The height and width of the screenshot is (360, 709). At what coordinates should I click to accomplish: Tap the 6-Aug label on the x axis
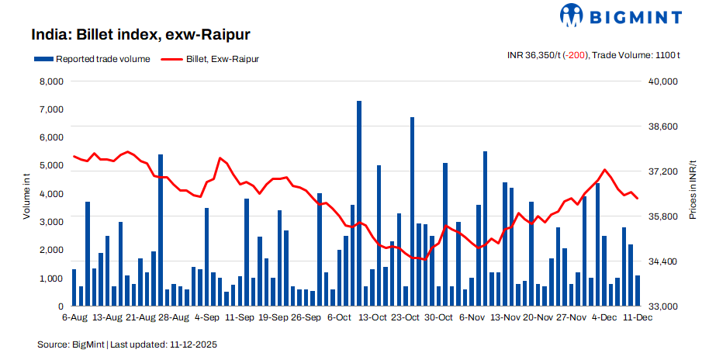[74, 317]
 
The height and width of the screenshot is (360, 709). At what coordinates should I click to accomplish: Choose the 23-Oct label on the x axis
[406, 317]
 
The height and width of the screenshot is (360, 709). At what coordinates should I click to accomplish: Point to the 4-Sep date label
[206, 317]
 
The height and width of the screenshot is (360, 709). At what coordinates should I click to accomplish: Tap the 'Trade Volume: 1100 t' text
[635, 55]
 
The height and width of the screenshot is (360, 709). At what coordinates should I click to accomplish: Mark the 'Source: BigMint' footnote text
[71, 343]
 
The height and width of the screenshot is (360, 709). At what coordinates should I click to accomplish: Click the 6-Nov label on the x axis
[472, 317]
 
